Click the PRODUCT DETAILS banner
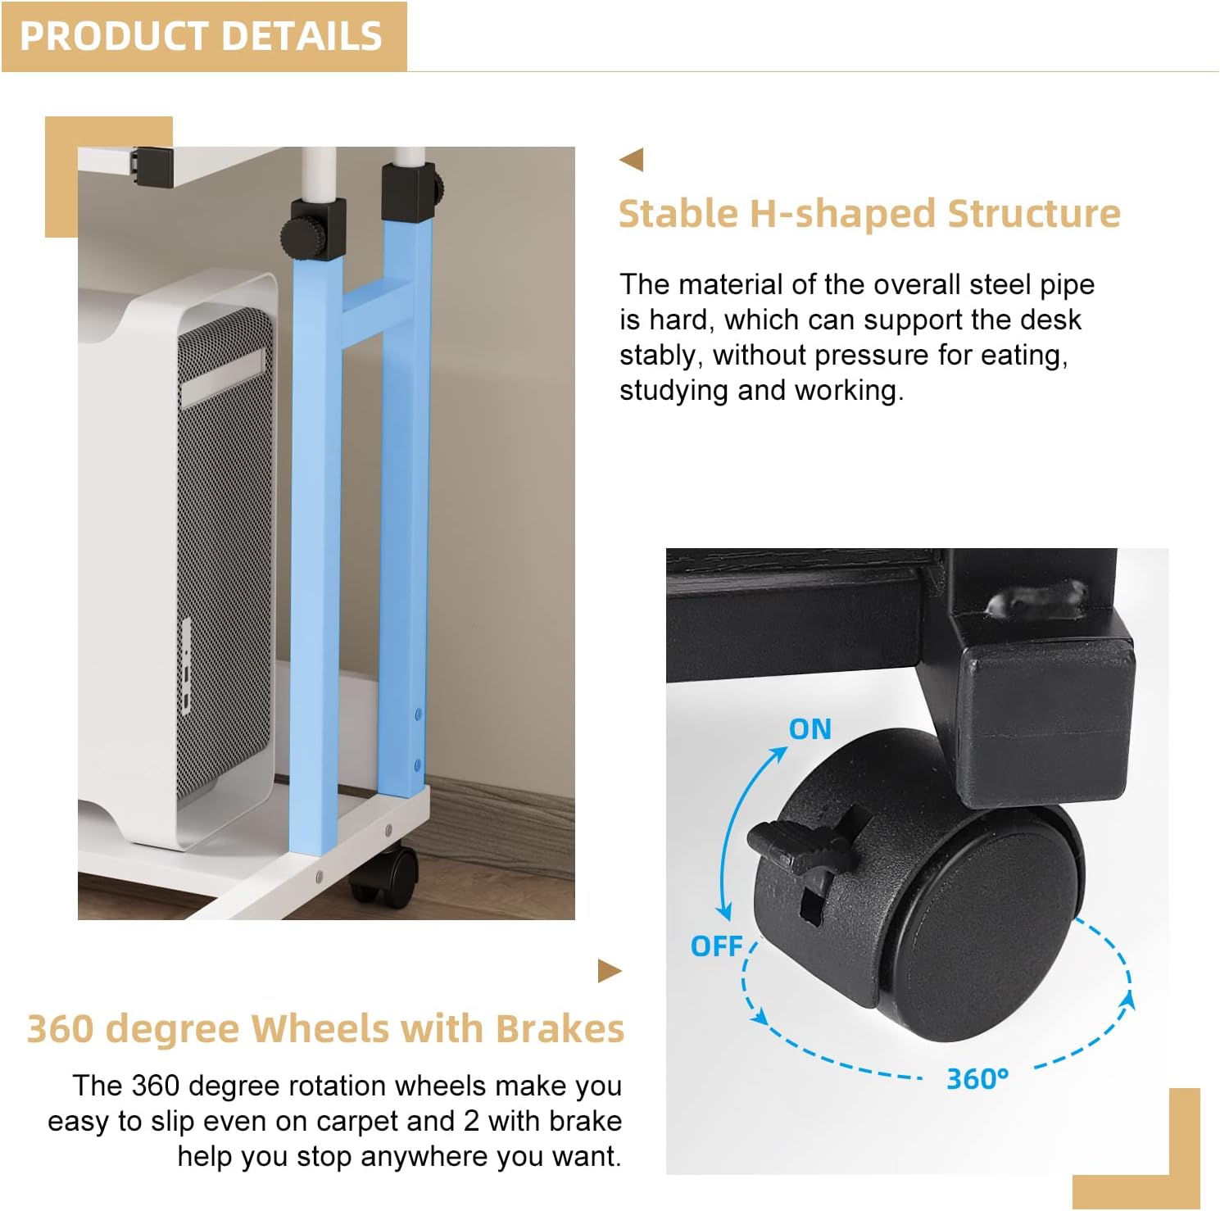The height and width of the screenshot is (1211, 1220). (203, 37)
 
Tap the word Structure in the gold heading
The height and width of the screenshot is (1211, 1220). (1034, 214)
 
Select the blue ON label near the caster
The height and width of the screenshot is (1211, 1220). (810, 729)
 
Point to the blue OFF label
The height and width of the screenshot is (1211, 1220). (717, 946)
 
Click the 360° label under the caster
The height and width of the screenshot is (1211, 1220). (977, 1078)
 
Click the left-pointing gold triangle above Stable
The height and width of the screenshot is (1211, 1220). (632, 160)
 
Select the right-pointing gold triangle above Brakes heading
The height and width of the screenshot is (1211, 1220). (610, 971)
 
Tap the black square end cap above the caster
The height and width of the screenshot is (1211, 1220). (1047, 721)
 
